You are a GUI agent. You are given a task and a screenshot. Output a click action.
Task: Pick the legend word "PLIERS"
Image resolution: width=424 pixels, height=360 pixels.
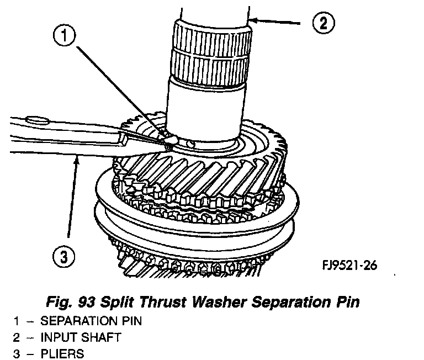pos(61,353)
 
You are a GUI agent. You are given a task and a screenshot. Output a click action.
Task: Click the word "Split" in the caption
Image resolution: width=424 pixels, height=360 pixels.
pos(137,303)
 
